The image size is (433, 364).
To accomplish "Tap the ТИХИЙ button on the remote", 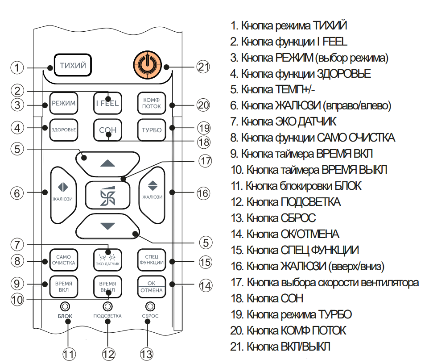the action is [73, 65].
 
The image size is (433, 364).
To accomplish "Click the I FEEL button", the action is [107, 103].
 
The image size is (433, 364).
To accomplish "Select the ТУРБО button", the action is [152, 130].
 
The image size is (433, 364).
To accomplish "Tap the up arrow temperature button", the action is [108, 164].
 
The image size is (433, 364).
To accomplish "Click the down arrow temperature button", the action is [108, 226].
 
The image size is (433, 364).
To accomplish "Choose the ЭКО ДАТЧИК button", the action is [107, 260].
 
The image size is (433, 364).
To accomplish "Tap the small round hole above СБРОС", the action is [150, 306].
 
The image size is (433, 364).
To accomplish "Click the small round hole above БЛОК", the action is [65, 306].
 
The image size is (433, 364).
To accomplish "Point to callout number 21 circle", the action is [203, 67].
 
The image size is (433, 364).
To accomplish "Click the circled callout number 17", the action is [205, 161].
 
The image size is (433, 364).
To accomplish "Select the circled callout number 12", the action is [108, 354].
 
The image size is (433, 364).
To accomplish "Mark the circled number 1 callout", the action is [17, 67].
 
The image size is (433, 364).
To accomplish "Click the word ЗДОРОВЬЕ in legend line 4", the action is [343, 74].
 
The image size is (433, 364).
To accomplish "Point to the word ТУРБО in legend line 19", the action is [335, 314].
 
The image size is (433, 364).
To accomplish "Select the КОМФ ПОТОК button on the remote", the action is [152, 103].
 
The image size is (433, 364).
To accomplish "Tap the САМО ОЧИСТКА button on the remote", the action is [63, 260].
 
